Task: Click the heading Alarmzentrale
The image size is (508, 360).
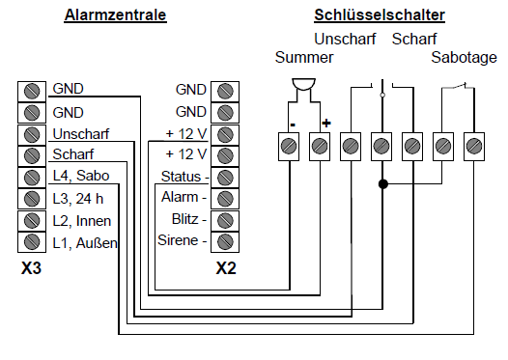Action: click(115, 16)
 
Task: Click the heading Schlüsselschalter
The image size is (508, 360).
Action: click(380, 16)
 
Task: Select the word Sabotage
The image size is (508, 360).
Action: click(463, 58)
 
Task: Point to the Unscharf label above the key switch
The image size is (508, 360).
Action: click(345, 40)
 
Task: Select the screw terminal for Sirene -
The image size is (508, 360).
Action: click(225, 240)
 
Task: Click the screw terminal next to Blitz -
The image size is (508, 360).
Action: click(225, 219)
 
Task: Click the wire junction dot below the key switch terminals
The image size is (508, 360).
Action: click(381, 182)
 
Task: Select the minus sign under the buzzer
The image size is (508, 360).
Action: click(290, 124)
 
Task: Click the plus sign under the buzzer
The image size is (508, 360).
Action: click(325, 124)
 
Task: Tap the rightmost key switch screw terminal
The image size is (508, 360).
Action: click(474, 146)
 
